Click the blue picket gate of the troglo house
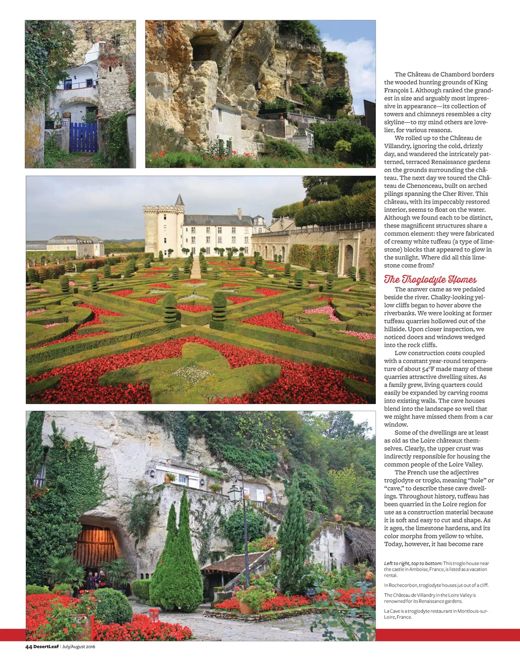click(83, 137)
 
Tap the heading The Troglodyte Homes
click(430, 279)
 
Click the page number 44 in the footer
click(29, 646)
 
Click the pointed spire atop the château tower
click(179, 200)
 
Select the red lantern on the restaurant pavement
click(154, 615)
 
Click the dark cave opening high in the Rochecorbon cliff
click(204, 46)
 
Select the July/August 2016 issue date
click(79, 646)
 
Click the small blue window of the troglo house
click(68, 84)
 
